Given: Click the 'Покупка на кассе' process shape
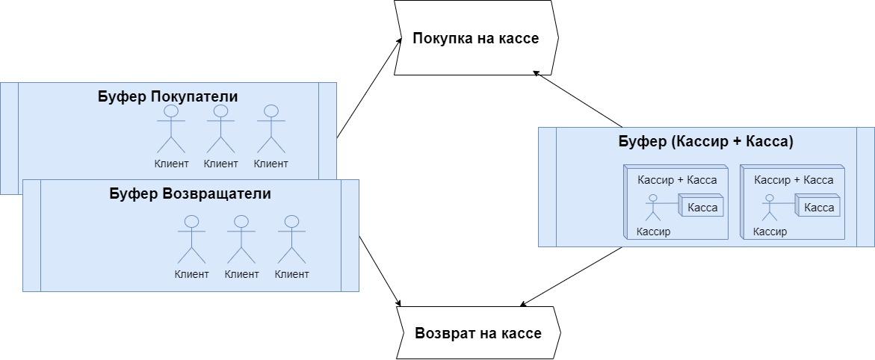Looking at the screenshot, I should [x=475, y=37].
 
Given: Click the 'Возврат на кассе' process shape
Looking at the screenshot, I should [x=477, y=333].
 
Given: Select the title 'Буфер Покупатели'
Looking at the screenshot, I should [x=167, y=96].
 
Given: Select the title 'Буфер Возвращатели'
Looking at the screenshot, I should [x=190, y=193].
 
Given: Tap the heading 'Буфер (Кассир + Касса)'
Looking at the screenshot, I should [x=705, y=141].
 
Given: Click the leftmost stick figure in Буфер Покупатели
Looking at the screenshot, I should [x=171, y=128].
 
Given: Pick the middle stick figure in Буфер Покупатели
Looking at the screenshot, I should [x=220, y=128].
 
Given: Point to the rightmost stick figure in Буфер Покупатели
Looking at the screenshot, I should [x=270, y=128].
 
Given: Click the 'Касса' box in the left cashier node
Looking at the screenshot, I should [x=702, y=207].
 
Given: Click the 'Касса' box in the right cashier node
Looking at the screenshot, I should [x=818, y=207].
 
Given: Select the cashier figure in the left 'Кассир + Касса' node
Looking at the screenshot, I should [x=653, y=208].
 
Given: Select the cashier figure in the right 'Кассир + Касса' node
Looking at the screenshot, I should [x=770, y=208].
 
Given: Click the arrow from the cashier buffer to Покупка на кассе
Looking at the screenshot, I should [x=578, y=99].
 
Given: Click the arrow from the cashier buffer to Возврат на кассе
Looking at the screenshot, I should [x=572, y=276].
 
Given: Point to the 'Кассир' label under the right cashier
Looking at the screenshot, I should [x=770, y=232].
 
